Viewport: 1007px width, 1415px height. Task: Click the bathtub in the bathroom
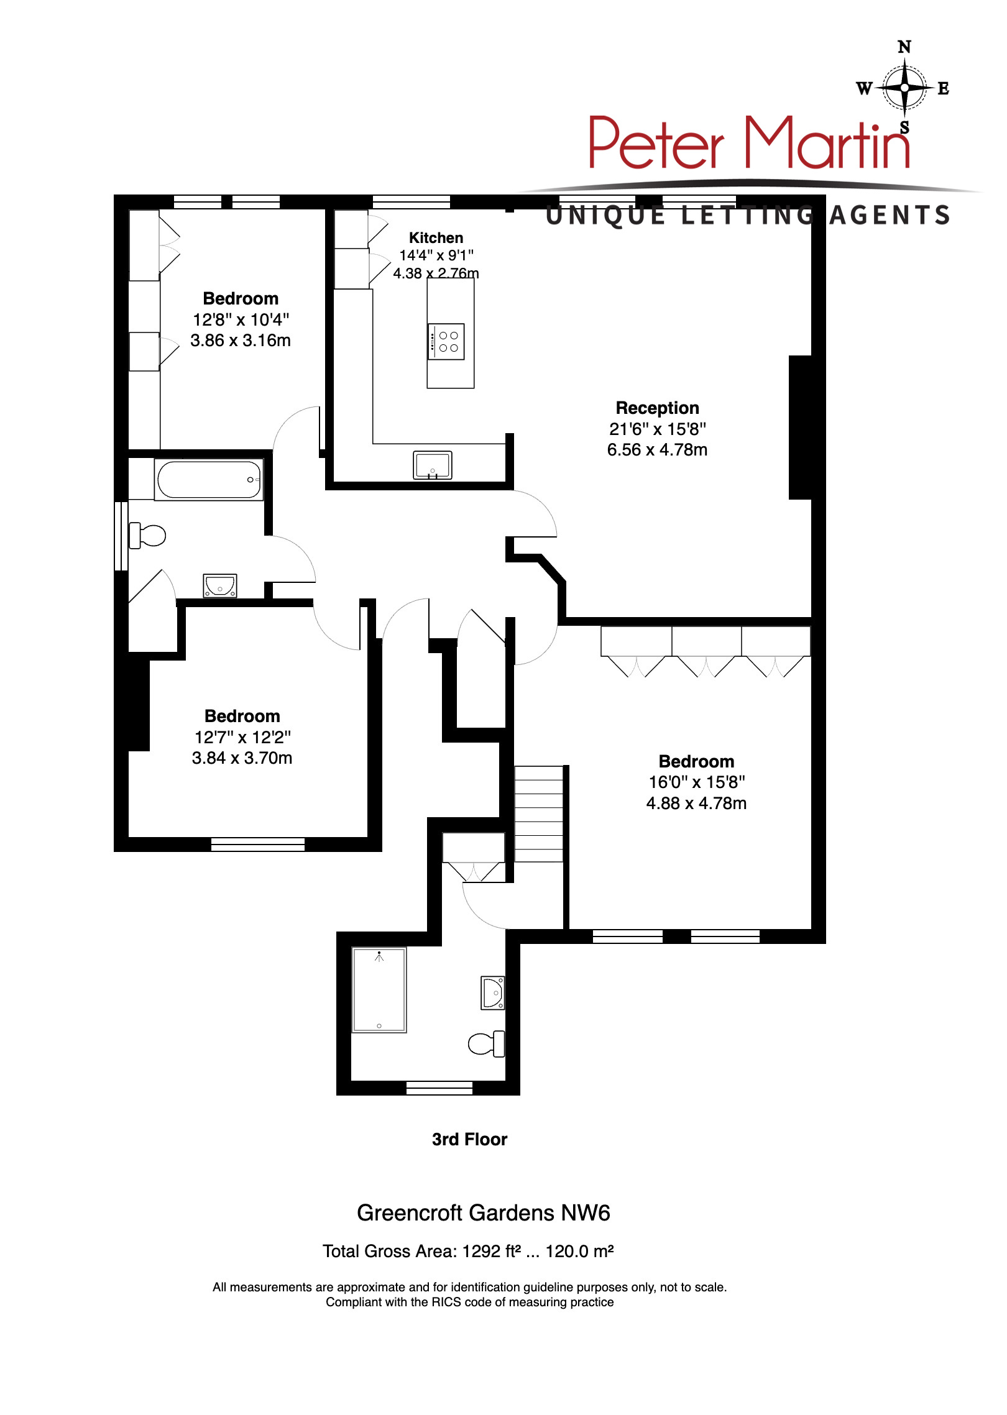[x=209, y=480]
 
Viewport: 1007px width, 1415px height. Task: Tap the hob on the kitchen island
[x=446, y=342]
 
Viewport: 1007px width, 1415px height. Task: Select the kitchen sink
[x=433, y=465]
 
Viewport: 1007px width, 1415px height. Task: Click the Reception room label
[x=657, y=408]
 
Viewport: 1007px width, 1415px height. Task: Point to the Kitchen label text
[x=436, y=238]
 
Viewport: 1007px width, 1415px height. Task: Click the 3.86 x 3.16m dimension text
[x=241, y=341]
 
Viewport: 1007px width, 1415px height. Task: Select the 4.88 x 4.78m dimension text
[x=696, y=804]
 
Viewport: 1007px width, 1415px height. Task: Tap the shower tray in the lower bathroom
[x=379, y=990]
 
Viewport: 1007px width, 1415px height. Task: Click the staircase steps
[x=539, y=813]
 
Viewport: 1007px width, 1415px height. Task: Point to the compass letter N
[x=904, y=47]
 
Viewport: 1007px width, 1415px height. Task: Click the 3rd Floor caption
[x=469, y=1139]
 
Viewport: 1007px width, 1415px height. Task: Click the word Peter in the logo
[x=656, y=145]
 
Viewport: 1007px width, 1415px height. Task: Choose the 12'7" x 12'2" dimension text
[x=242, y=738]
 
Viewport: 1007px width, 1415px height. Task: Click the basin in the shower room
[x=493, y=993]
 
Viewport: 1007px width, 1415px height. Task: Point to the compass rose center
[x=904, y=88]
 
